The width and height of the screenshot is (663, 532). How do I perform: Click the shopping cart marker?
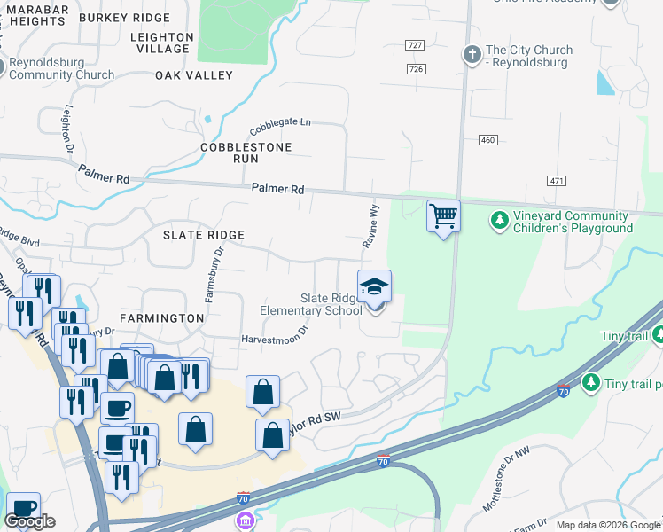[x=443, y=215]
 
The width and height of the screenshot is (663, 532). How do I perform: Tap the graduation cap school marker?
[x=374, y=286]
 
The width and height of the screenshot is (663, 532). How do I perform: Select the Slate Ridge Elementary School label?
[x=310, y=304]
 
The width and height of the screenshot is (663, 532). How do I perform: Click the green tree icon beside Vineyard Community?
[x=500, y=218]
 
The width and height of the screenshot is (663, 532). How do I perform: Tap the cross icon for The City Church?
[x=472, y=55]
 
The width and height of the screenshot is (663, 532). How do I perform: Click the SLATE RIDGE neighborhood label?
[x=203, y=235]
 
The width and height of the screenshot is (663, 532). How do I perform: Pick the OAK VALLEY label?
[x=193, y=76]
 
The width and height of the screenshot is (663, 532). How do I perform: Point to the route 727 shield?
[x=415, y=44]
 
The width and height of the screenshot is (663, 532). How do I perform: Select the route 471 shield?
[x=557, y=181]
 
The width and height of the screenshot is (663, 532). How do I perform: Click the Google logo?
[x=30, y=521]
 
